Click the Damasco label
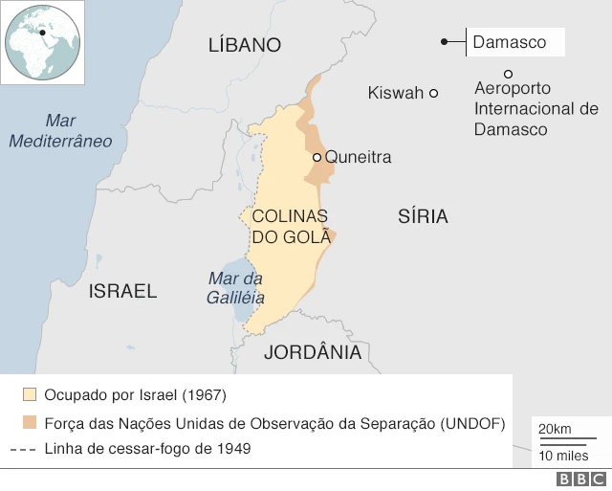pyautogui.click(x=510, y=42)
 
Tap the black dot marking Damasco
pyautogui.click(x=445, y=42)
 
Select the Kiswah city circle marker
pyautogui.click(x=433, y=93)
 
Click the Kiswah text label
pyautogui.click(x=395, y=93)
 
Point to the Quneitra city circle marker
pyautogui.click(x=317, y=157)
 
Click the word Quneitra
pyautogui.click(x=359, y=157)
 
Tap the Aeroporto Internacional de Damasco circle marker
pyautogui.click(x=508, y=74)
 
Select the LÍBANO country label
pyautogui.click(x=245, y=45)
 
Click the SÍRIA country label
pyautogui.click(x=423, y=216)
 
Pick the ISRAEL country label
pyautogui.click(x=122, y=291)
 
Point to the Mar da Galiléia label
pyautogui.click(x=235, y=288)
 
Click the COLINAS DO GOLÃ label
pyautogui.click(x=290, y=226)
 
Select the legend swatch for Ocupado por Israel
pyautogui.click(x=30, y=394)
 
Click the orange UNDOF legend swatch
pyautogui.click(x=30, y=422)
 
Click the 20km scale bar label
pyautogui.click(x=555, y=427)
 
